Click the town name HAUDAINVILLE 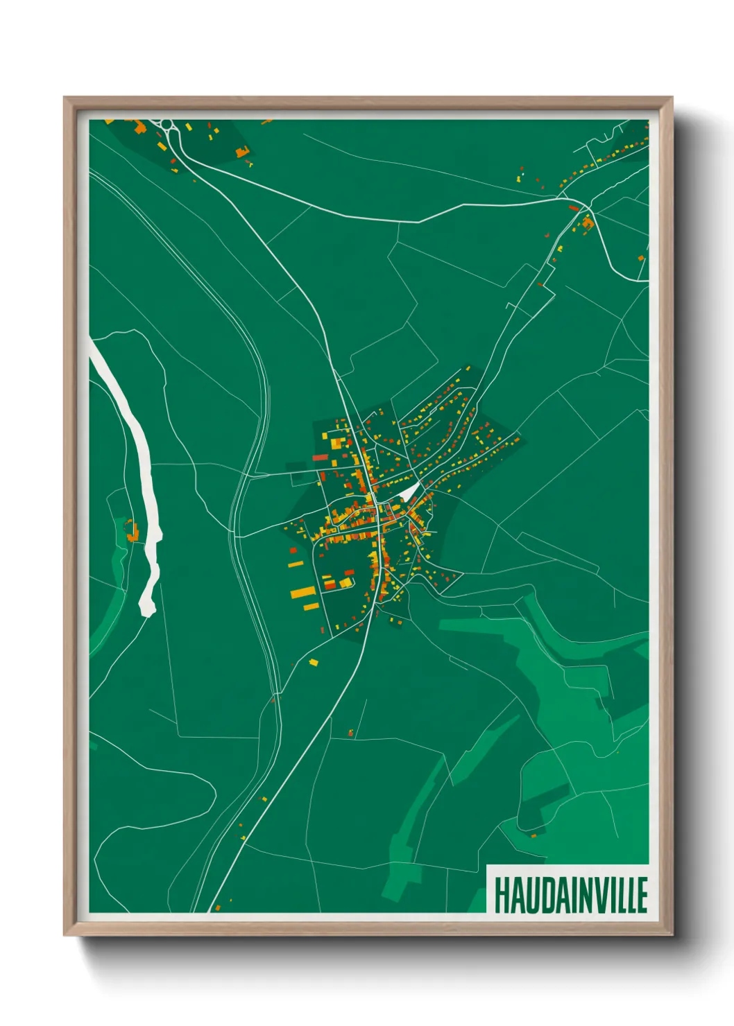570,894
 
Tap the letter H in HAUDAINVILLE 502,894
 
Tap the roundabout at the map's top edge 167,125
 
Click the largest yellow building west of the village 302,593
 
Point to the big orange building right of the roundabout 241,152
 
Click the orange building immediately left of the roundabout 140,127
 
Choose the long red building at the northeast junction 574,207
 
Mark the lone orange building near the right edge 640,259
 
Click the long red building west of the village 319,458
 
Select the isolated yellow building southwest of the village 314,663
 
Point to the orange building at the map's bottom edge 217,907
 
